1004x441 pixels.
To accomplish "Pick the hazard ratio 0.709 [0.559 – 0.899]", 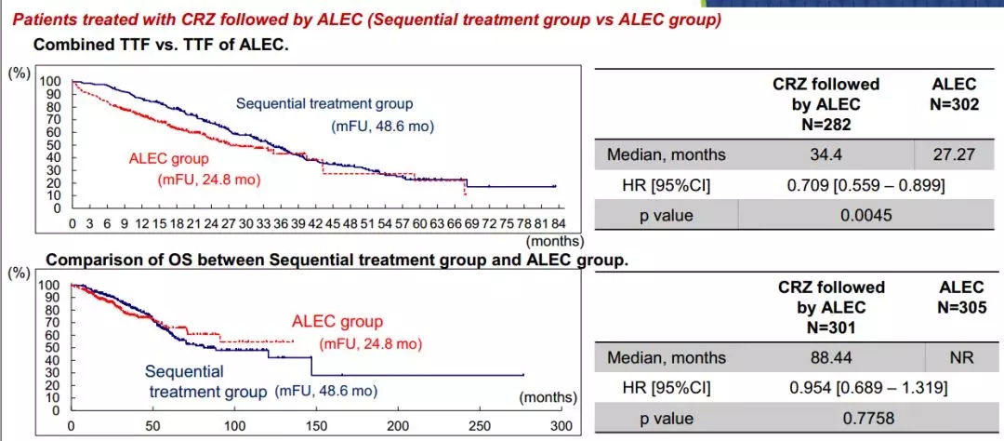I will coord(865,185).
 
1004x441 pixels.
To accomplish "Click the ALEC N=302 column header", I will coord(954,95).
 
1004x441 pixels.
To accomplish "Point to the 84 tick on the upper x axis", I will coord(558,224).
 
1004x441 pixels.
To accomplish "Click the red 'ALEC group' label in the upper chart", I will coord(168,158).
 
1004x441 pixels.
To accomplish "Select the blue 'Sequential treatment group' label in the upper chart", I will coord(324,103).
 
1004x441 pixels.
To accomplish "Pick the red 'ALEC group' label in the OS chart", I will coord(337,322).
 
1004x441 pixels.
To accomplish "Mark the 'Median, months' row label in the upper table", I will coord(666,154).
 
